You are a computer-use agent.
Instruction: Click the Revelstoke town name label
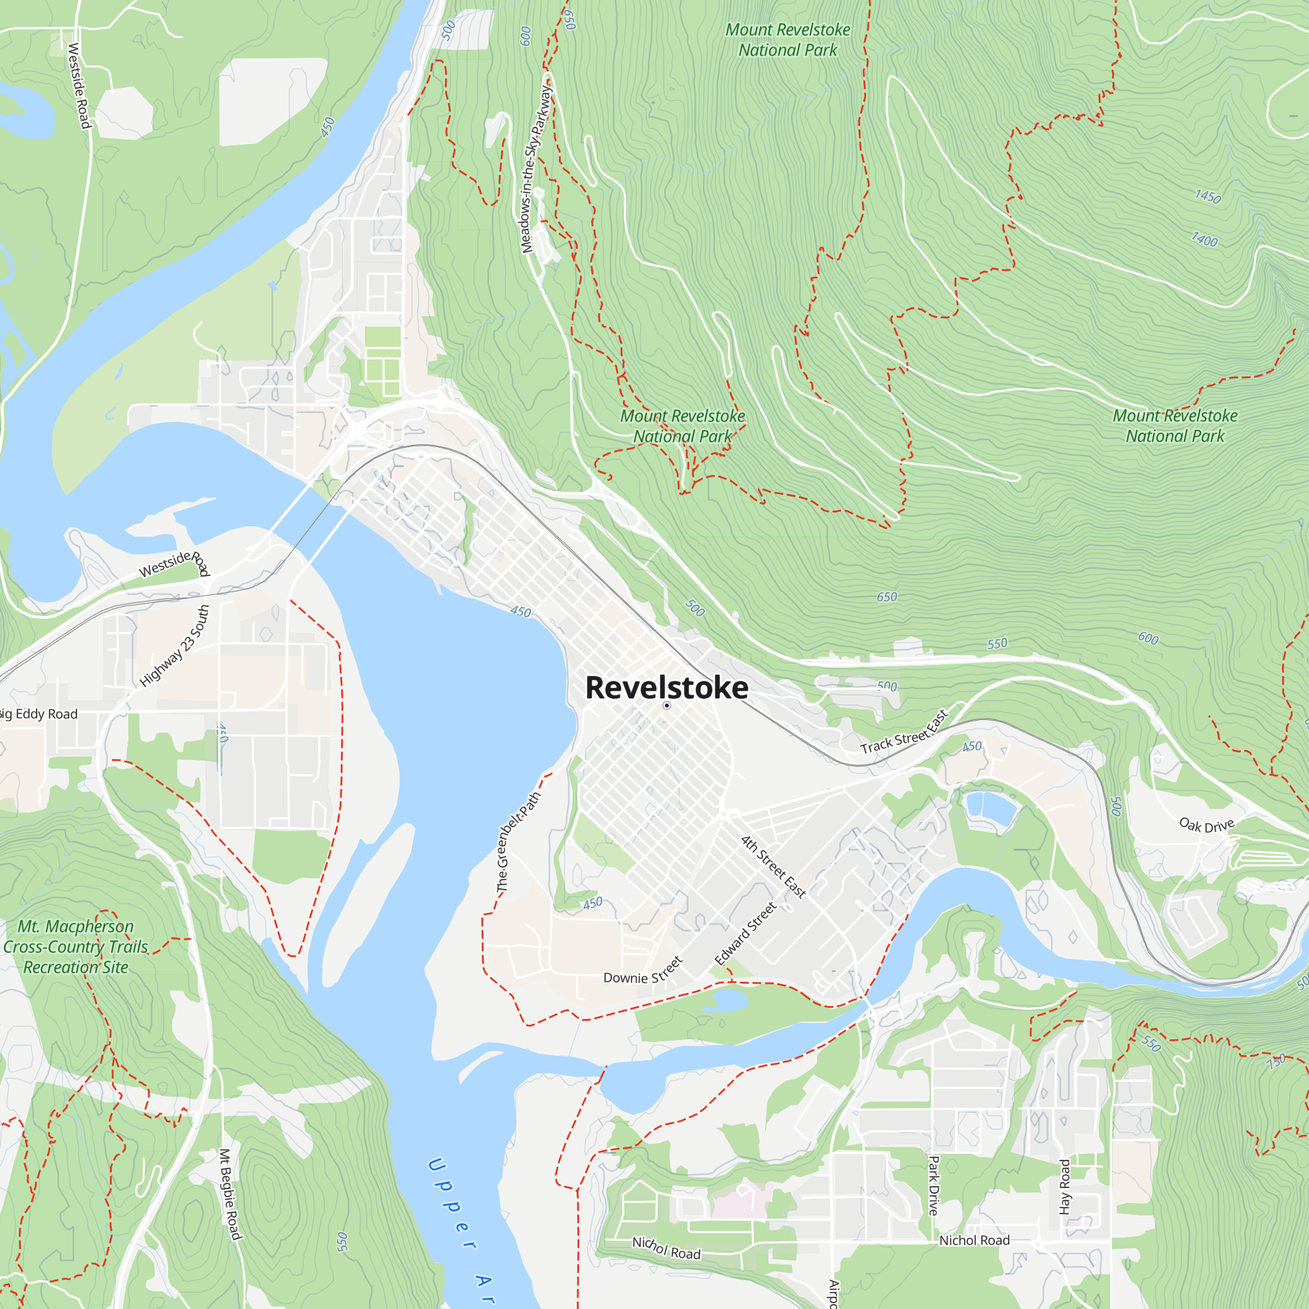coord(667,687)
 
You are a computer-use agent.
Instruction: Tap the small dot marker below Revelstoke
coord(667,706)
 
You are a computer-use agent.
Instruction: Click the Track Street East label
coord(904,733)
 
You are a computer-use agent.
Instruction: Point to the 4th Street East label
coord(773,867)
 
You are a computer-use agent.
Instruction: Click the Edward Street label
coord(745,935)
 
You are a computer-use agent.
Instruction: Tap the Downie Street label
coord(642,974)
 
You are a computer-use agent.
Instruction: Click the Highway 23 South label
coord(175,647)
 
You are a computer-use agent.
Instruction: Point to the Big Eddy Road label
coord(39,714)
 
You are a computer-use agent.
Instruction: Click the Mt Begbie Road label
coord(230,1194)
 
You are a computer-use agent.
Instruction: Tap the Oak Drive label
coord(1207,825)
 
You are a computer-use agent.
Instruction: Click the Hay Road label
coord(1064,1187)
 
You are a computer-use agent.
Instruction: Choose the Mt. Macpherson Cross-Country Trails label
coord(75,946)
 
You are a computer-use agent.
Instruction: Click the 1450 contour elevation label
coord(1208,196)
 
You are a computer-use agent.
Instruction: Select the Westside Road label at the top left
coord(79,85)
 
